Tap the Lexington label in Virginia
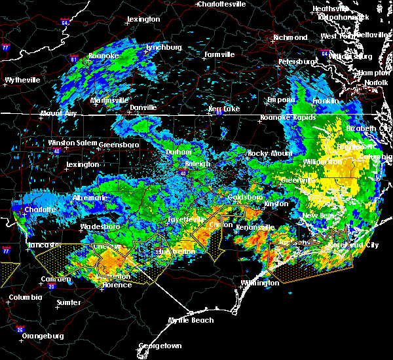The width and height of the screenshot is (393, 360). (x=143, y=20)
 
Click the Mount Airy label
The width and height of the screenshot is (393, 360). (x=58, y=113)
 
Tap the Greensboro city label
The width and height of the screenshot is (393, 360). (x=119, y=144)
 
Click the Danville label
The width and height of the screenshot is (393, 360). (x=143, y=107)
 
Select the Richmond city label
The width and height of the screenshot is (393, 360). (x=290, y=38)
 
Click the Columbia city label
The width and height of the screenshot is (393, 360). (x=26, y=298)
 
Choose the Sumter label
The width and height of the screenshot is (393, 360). (x=69, y=303)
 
